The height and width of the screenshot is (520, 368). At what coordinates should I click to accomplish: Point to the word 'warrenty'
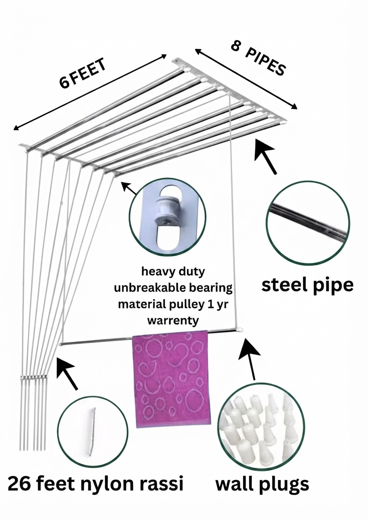click(173, 320)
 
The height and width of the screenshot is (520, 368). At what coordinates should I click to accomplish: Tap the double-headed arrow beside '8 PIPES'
click(246, 78)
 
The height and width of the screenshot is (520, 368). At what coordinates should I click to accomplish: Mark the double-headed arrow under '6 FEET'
click(90, 92)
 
